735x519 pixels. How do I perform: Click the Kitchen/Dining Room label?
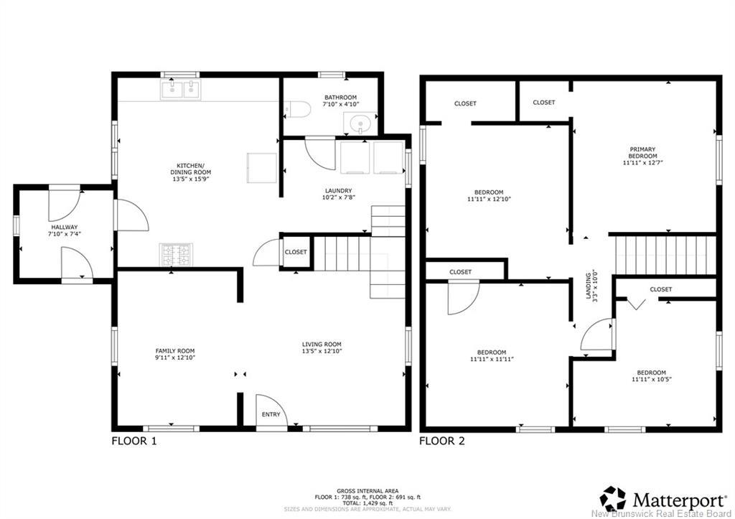(191, 169)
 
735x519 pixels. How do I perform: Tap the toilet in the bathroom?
(298, 110)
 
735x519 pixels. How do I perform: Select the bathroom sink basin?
(360, 123)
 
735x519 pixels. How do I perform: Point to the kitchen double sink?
(180, 90)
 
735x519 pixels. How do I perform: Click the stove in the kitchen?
(177, 255)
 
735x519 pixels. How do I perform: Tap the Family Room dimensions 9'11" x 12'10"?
(175, 357)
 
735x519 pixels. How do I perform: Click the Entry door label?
(271, 414)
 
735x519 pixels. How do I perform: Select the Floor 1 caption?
(134, 441)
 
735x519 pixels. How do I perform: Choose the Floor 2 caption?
(442, 441)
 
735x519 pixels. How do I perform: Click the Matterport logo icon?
(614, 500)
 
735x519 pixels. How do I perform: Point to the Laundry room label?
(339, 191)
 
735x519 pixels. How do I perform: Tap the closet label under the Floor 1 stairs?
(296, 252)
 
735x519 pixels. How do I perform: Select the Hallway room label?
(65, 227)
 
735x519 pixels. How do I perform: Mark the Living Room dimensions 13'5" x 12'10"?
(322, 351)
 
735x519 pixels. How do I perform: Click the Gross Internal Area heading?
(367, 491)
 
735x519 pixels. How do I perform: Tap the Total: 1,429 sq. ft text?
(367, 503)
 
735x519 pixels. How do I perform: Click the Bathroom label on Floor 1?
(341, 98)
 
